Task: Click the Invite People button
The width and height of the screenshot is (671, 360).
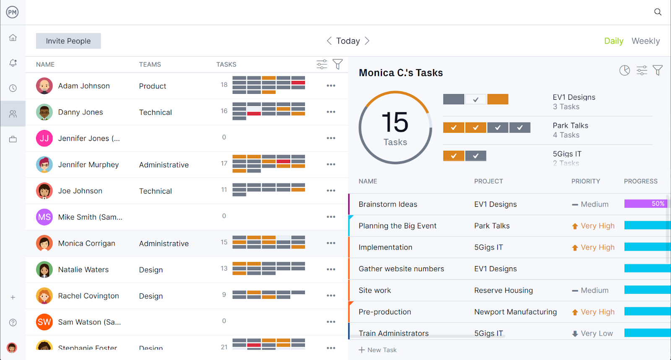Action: point(68,41)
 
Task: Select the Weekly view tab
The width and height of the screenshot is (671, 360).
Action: point(645,41)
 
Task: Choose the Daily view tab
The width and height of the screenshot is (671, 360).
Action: point(614,41)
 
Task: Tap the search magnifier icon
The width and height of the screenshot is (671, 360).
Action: point(658,12)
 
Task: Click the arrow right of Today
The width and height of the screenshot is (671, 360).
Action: point(367,41)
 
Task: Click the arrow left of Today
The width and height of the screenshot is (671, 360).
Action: point(329,41)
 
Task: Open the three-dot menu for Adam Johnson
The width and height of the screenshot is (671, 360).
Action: point(331,86)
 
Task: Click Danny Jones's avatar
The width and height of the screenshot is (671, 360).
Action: point(44,112)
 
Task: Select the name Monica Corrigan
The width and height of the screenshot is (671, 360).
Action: point(86,243)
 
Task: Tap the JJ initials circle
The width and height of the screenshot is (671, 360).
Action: point(44,138)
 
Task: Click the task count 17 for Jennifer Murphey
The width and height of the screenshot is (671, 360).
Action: point(224,163)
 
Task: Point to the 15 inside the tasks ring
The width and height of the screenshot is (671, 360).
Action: point(395,122)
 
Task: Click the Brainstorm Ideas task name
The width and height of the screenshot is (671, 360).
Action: point(388,205)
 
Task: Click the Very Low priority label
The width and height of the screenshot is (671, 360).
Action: point(596,334)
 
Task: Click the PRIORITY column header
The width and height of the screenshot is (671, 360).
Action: point(585,181)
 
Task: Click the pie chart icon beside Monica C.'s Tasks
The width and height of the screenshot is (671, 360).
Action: point(624,70)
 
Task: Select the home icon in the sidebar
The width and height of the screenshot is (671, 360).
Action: point(13,38)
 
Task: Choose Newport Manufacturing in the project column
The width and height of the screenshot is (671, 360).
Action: point(515,312)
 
